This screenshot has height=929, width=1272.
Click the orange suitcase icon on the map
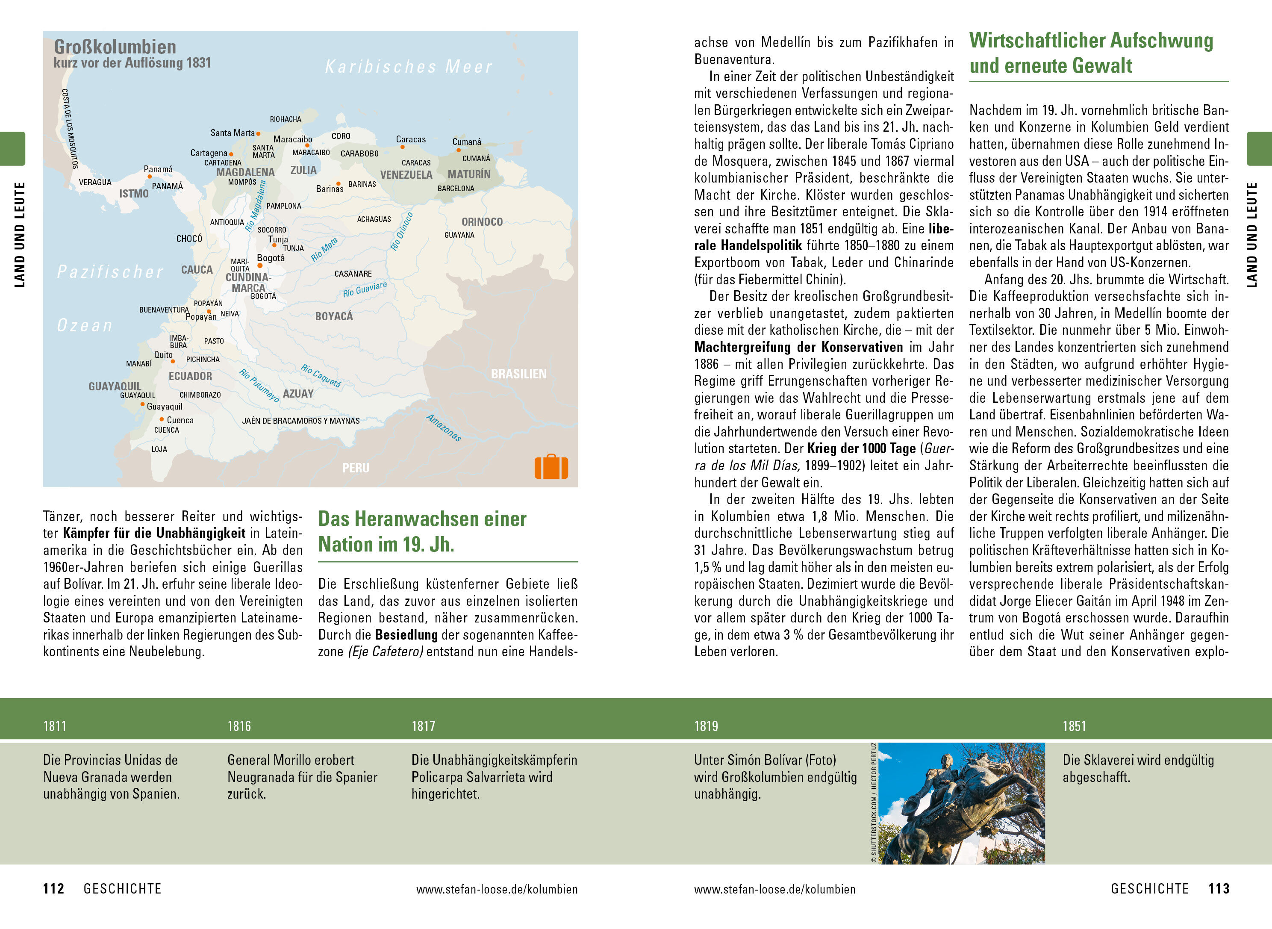[551, 467]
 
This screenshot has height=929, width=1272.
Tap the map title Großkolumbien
[115, 47]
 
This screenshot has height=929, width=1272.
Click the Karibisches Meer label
[409, 67]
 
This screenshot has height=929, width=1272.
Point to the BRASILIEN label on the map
[518, 374]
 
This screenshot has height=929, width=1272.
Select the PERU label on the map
[356, 468]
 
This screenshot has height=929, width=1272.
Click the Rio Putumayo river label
[259, 385]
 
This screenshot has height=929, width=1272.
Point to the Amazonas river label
[444, 428]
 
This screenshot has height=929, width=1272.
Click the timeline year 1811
[55, 726]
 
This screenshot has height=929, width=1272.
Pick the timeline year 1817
[423, 726]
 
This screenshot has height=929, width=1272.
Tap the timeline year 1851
[1074, 726]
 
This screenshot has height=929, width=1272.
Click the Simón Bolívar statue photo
[961, 803]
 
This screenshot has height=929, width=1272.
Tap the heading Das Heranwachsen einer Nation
[422, 531]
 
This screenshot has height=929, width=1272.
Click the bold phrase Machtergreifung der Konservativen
[798, 347]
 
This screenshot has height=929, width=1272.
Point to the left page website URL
[497, 889]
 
